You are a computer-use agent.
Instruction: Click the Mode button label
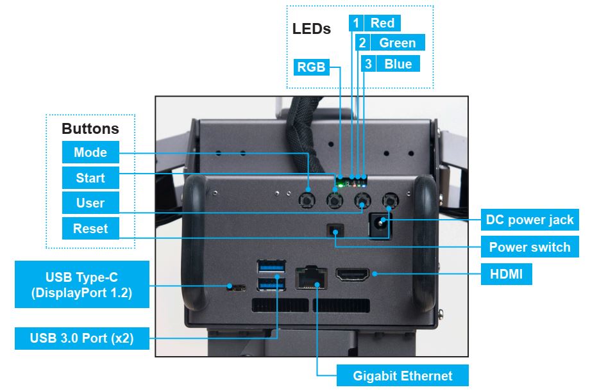90,152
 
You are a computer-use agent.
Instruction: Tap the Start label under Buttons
90,178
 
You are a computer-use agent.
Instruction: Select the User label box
90,203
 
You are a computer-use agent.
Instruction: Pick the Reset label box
90,229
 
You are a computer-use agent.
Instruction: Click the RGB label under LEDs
312,67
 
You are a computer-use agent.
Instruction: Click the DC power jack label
530,220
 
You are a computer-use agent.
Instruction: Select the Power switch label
530,247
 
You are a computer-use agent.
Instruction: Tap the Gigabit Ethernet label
403,376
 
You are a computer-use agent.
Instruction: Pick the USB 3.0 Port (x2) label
82,338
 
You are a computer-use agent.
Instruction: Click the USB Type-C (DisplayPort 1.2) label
81,284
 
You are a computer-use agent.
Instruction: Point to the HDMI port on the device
352,276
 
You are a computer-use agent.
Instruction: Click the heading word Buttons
90,128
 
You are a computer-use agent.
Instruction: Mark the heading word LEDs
312,29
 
